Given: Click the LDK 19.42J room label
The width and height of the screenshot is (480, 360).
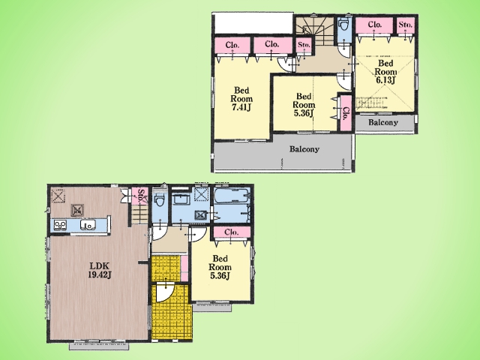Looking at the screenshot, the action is (100, 270).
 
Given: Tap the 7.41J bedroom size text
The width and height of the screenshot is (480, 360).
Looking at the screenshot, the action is (241, 108).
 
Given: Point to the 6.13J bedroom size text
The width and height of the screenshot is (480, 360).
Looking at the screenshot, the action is (385, 80).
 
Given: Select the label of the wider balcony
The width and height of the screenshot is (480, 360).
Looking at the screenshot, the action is (304, 149).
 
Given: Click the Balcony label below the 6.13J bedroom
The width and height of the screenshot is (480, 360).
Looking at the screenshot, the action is (383, 122).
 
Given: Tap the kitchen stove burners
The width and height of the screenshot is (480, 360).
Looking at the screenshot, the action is (60, 225).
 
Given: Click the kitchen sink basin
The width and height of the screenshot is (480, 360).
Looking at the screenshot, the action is (88, 225).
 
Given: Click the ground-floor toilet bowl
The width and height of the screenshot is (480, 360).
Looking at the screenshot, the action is (159, 201).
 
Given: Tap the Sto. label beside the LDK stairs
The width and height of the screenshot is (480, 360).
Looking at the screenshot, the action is (140, 196).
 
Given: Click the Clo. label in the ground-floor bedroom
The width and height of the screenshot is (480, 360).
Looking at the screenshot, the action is (232, 232).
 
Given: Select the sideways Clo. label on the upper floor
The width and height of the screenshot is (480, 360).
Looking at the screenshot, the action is (346, 113).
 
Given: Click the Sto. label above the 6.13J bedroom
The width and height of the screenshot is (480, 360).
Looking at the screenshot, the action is (406, 25).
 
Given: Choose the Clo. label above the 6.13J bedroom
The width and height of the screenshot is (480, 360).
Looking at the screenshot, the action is (374, 24).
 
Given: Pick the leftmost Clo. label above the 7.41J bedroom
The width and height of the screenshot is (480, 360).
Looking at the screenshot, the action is (232, 45).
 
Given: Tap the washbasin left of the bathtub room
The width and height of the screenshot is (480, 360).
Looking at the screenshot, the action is (181, 199).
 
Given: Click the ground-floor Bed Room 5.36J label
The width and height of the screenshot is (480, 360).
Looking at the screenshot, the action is (220, 267).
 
